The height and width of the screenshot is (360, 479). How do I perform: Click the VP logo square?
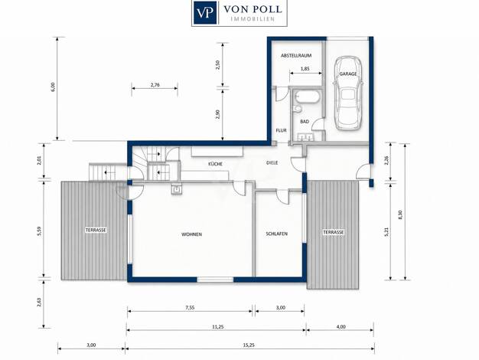tap(205, 12)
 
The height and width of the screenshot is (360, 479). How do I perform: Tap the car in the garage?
tap(348, 93)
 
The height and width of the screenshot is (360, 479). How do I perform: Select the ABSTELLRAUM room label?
tap(296, 56)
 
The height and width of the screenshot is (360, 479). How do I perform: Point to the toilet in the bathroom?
tap(297, 109)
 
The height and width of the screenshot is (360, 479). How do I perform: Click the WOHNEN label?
tap(191, 234)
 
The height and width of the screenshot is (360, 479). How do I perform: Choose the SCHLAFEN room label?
tap(276, 234)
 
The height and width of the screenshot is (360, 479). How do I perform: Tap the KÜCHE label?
tap(215, 164)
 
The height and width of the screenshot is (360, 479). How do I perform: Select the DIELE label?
tap(272, 162)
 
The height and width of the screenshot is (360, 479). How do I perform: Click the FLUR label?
tap(281, 130)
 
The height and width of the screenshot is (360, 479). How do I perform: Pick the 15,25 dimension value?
tap(249, 345)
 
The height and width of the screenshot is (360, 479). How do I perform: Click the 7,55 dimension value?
tap(190, 308)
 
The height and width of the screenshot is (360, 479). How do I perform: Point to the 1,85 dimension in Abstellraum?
tap(305, 69)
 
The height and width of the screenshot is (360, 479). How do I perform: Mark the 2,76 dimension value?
tap(155, 85)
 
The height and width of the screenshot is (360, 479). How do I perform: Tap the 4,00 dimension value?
tap(341, 326)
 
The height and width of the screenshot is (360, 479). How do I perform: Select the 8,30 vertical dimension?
tap(401, 214)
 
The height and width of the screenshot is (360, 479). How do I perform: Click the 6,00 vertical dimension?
tap(53, 87)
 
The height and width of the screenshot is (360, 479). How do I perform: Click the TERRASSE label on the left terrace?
tap(96, 230)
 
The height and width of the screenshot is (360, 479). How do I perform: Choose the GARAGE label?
tap(348, 74)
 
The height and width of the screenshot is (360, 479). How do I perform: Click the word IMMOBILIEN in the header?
tap(253, 19)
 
